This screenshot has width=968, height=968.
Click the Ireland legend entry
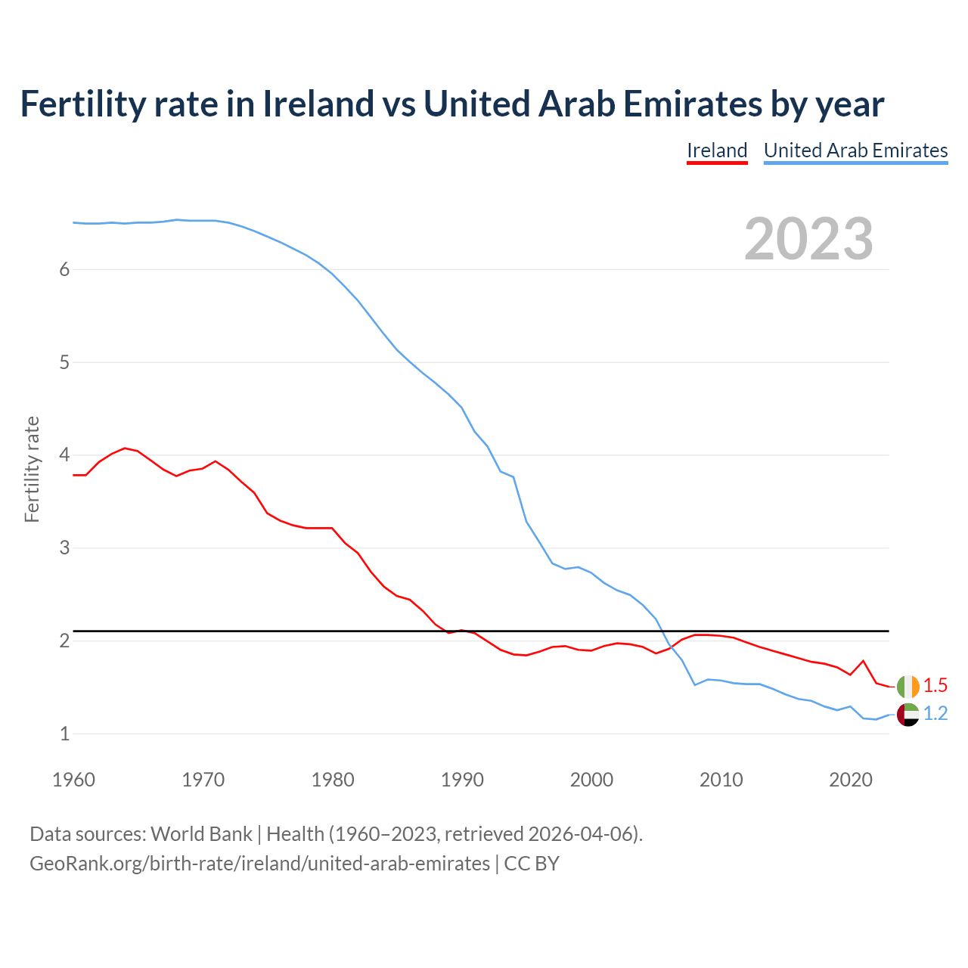[717, 150]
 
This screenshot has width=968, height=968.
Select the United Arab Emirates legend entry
[855, 150]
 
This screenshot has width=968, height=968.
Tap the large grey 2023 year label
[808, 239]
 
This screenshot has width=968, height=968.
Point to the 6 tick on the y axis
[64, 270]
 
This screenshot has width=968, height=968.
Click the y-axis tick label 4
[64, 455]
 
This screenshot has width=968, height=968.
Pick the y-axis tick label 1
[64, 734]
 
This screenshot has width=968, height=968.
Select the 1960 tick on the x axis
[73, 780]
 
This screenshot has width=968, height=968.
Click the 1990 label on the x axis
[462, 780]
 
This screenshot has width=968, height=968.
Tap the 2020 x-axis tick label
[851, 780]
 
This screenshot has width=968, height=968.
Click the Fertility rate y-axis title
[32, 469]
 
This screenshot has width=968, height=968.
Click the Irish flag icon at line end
[907, 686]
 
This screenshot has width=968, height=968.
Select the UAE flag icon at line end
[907, 714]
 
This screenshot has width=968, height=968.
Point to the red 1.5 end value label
[935, 686]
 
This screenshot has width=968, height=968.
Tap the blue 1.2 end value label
[935, 714]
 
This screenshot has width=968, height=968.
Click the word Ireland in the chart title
[318, 104]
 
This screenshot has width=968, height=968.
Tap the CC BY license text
[532, 864]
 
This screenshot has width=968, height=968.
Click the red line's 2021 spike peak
[863, 661]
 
